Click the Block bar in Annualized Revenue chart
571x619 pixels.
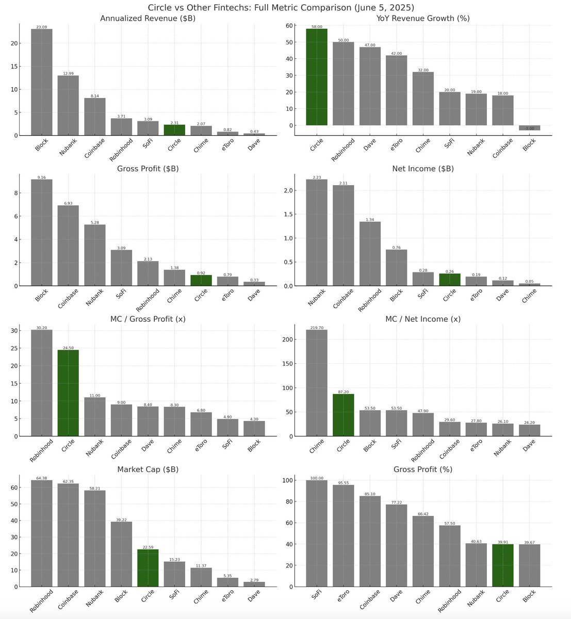point(41,83)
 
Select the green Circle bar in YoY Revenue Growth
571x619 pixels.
point(317,77)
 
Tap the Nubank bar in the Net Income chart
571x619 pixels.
point(317,233)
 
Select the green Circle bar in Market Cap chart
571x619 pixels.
point(148,568)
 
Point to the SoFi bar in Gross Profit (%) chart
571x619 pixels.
point(317,533)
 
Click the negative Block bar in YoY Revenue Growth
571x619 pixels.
point(529,127)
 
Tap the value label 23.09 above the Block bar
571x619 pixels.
point(41,27)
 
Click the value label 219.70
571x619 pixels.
point(317,328)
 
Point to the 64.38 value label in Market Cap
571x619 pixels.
point(41,478)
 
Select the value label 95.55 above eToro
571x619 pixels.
point(343,483)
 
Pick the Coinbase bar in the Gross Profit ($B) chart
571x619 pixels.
point(68,246)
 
